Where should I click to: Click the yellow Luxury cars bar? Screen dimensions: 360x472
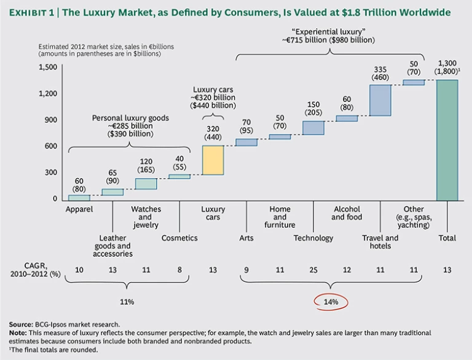click(213, 160)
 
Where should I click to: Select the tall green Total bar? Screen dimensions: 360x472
click(447, 140)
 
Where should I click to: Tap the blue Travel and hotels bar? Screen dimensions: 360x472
click(380, 100)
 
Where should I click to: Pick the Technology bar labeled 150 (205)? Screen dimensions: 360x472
click(313, 128)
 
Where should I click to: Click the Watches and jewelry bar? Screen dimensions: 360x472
click(146, 184)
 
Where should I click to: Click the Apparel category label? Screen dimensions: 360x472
click(79, 209)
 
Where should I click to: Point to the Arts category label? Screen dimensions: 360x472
click(246, 238)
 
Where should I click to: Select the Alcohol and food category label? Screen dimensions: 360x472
click(347, 213)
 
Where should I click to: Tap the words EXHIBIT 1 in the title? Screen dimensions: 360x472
click(35, 12)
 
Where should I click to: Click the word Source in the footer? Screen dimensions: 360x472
click(20, 324)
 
